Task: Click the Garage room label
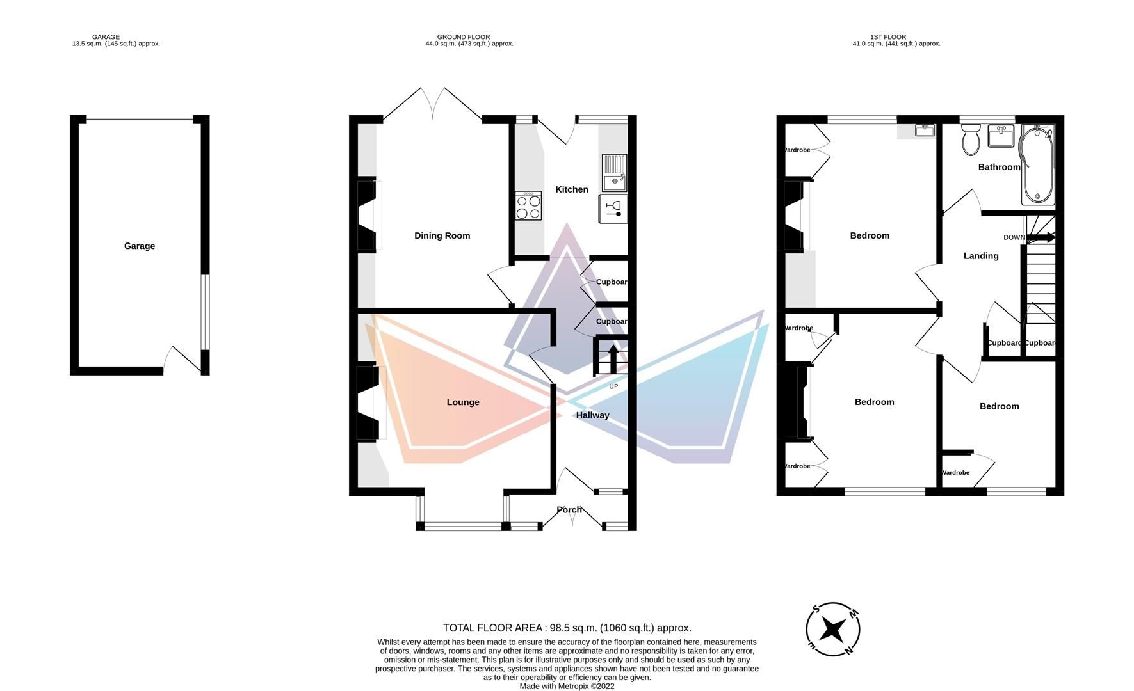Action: (139, 246)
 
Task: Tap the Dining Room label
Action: (442, 235)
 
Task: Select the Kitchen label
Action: (571, 189)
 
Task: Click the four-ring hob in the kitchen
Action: (528, 206)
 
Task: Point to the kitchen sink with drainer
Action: (615, 173)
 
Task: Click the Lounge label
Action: (463, 402)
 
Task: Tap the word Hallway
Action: (592, 415)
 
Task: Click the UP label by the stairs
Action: (613, 386)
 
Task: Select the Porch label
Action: (569, 510)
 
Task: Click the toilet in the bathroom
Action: (971, 139)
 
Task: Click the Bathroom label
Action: (999, 167)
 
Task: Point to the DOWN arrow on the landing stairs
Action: (1041, 237)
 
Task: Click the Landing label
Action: (980, 256)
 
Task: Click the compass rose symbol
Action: (832, 630)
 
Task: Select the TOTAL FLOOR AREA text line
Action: (567, 628)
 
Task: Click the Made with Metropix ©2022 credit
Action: (567, 686)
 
